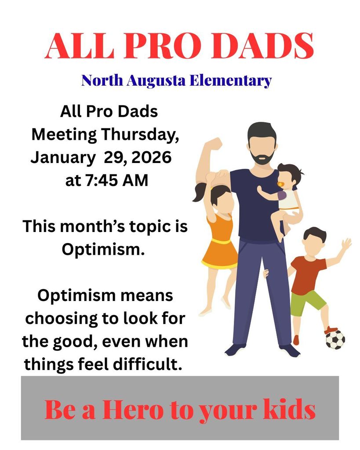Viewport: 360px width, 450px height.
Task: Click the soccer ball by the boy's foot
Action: coord(335,339)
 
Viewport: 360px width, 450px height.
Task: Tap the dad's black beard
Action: coord(263,157)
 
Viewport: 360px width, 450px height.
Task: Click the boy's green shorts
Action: coord(308,302)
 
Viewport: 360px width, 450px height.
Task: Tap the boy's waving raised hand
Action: coord(346,244)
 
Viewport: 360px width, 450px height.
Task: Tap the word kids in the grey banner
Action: coord(289,410)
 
